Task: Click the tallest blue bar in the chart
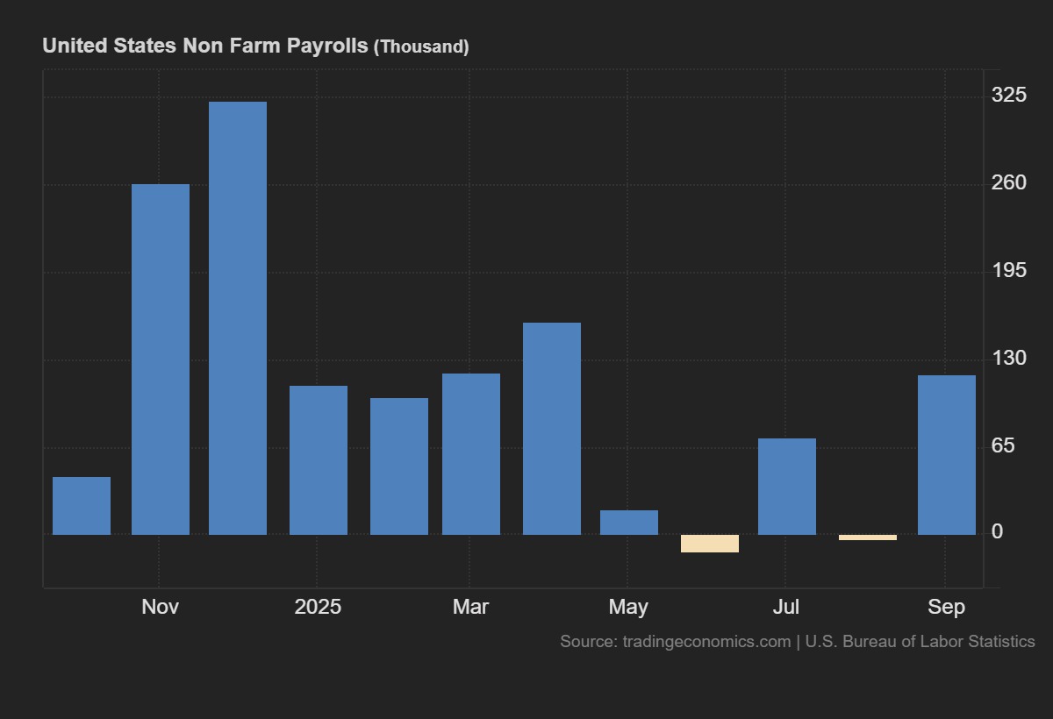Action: pyautogui.click(x=238, y=318)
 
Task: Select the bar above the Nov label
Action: pyautogui.click(x=161, y=359)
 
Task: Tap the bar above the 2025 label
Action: pyautogui.click(x=319, y=460)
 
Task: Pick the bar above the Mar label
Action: pyautogui.click(x=471, y=454)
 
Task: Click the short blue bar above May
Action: pyautogui.click(x=629, y=523)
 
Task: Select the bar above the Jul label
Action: pyautogui.click(x=787, y=487)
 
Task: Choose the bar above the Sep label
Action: pyautogui.click(x=947, y=455)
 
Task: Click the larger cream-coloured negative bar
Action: pyautogui.click(x=710, y=544)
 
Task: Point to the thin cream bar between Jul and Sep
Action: pyautogui.click(x=868, y=537)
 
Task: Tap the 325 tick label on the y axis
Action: pyautogui.click(x=1009, y=95)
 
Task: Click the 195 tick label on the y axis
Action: pyautogui.click(x=1009, y=271)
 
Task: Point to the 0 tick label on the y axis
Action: pyautogui.click(x=997, y=531)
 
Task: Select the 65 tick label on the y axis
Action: pyautogui.click(x=1003, y=445)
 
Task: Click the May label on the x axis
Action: pyautogui.click(x=628, y=608)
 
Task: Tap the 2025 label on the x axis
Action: pyautogui.click(x=318, y=607)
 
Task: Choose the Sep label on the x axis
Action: pyautogui.click(x=946, y=608)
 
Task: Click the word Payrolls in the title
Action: pyautogui.click(x=327, y=46)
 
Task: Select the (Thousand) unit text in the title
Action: pyautogui.click(x=421, y=47)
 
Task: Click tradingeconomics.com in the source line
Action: pyautogui.click(x=706, y=642)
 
